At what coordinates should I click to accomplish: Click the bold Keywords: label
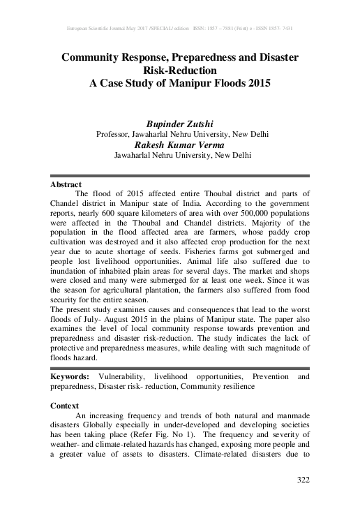coord(73,376)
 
